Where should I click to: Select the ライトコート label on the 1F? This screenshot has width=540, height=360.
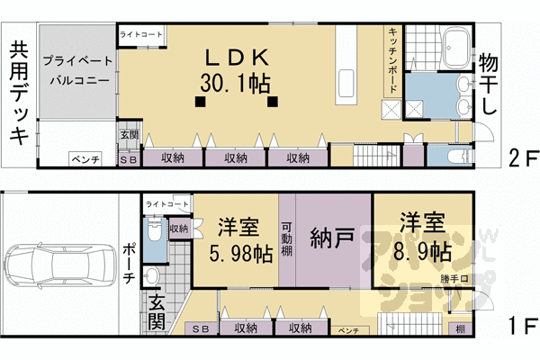[x=163, y=204]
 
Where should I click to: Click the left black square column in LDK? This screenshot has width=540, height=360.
[x=200, y=101]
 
